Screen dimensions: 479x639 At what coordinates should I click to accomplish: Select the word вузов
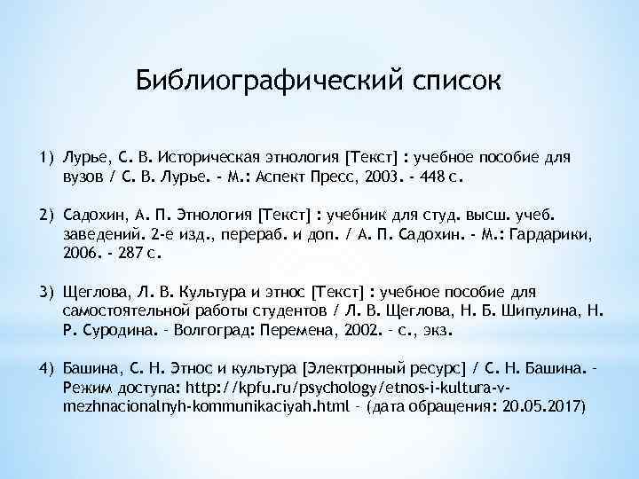84,177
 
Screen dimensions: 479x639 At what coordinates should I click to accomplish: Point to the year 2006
81,253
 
